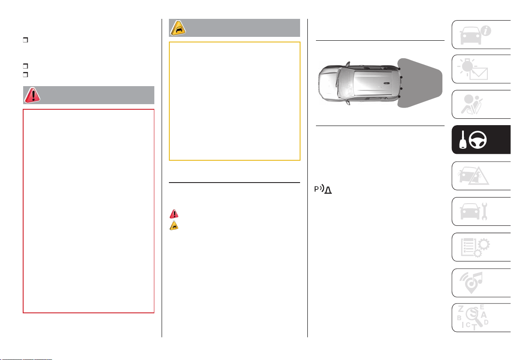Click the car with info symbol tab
point(481,35)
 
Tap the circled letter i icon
point(486,31)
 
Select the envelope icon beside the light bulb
point(478,74)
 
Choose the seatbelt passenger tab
point(481,105)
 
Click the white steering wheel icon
point(478,140)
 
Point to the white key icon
point(463,140)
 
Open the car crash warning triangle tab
point(481,176)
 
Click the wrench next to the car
point(484,211)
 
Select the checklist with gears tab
point(481,247)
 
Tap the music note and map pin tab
point(481,283)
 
